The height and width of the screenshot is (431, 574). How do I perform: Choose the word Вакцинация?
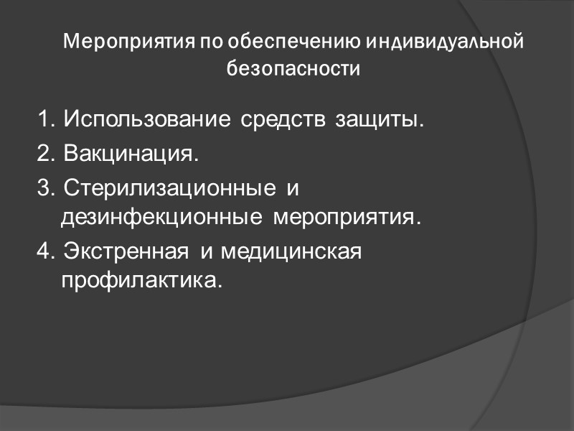coord(129,154)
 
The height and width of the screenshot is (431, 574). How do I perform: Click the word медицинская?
coord(289,252)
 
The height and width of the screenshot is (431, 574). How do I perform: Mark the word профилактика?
coord(138,279)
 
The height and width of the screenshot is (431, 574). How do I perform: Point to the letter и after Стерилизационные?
coord(291,190)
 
